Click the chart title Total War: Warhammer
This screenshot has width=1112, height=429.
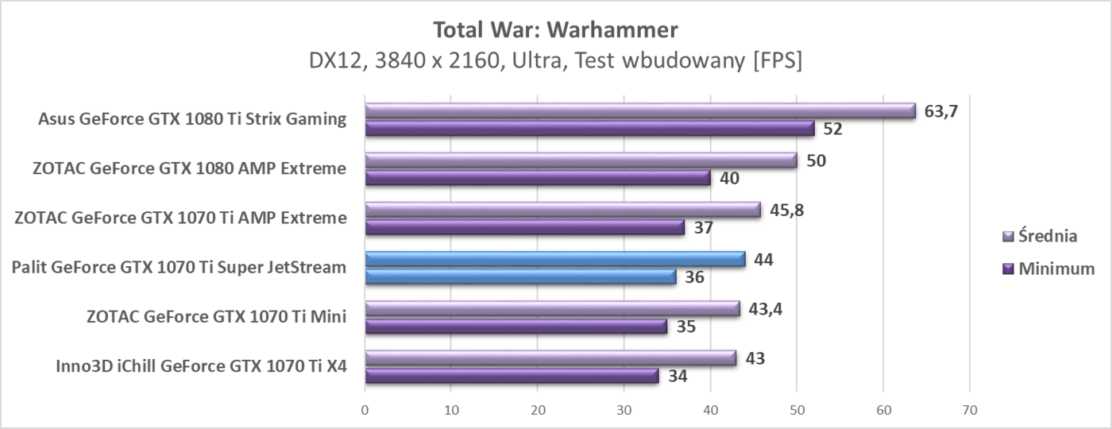(555, 30)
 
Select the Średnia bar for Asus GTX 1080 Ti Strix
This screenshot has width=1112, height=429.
(640, 111)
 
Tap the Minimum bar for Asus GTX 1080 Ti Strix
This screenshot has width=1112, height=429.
(589, 129)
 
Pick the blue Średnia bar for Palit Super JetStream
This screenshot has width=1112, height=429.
(555, 259)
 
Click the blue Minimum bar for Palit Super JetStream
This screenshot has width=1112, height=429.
(520, 277)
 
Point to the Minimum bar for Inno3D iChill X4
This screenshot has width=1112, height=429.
(512, 376)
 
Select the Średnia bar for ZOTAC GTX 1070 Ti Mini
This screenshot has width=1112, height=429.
(552, 308)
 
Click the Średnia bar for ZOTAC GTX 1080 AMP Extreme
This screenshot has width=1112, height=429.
(581, 160)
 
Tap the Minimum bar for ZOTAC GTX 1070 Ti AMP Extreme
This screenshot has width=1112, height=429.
(524, 227)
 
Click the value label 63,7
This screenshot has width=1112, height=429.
(941, 110)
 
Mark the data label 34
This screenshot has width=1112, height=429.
(678, 377)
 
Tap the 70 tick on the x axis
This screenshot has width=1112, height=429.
(969, 411)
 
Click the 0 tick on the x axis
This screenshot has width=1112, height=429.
(365, 411)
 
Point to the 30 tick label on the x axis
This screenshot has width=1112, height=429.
(624, 411)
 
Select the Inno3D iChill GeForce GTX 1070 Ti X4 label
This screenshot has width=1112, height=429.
(201, 366)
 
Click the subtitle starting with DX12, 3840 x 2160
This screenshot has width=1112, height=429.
(555, 61)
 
